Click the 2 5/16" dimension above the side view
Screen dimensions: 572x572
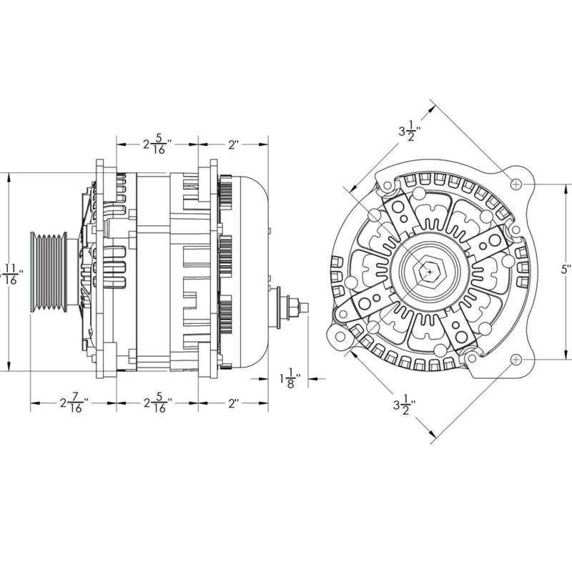coord(155,145)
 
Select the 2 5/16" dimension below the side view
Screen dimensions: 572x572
coord(155,405)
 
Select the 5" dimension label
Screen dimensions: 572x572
coord(566,270)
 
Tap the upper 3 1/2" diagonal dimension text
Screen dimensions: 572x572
coord(410,132)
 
